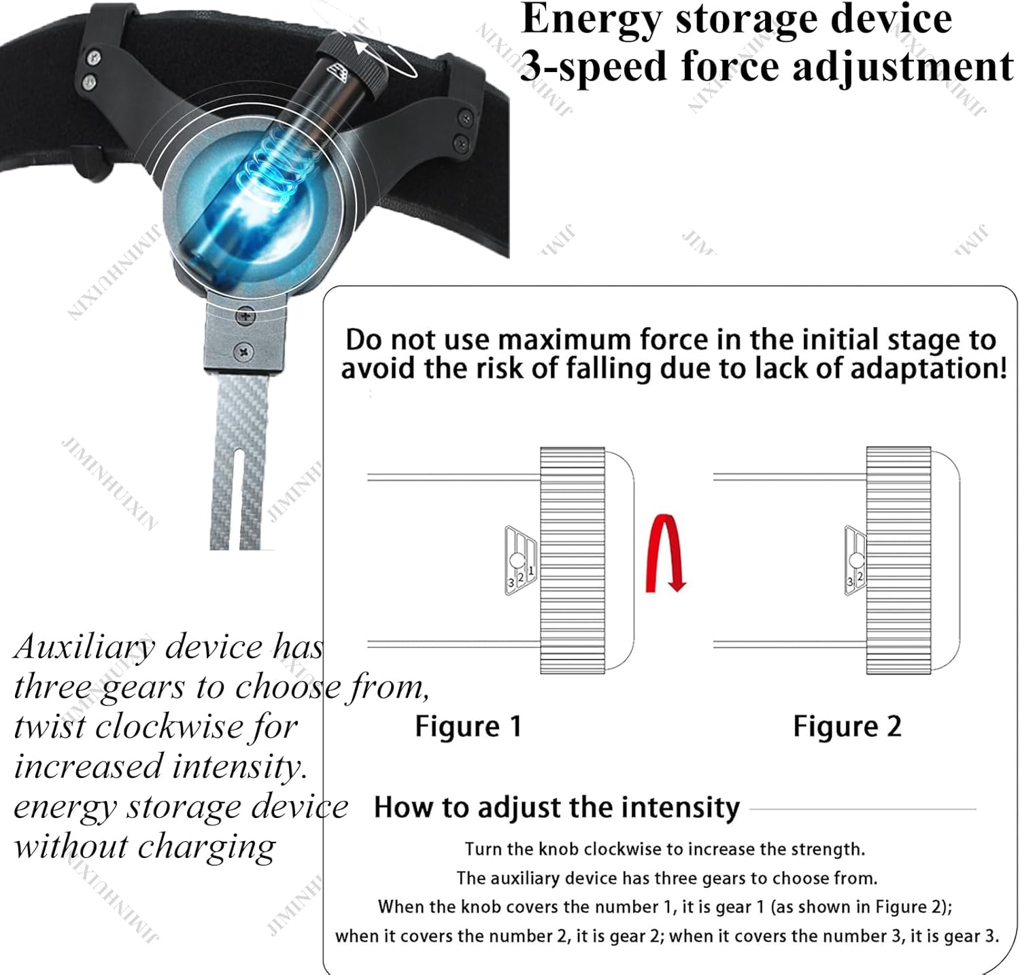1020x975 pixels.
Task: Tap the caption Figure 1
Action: click(469, 726)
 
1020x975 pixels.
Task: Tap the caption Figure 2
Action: click(847, 726)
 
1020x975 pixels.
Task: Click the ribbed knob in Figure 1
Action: click(573, 560)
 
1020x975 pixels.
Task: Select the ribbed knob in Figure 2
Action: click(898, 560)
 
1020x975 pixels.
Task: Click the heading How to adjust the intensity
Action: click(557, 807)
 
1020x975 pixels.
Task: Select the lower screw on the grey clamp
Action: click(244, 352)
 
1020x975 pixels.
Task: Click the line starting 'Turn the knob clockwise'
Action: click(665, 849)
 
